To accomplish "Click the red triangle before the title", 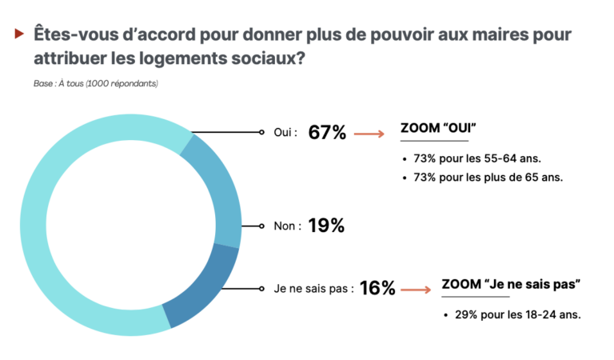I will (x=18, y=34).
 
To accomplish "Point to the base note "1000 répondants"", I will (x=123, y=83).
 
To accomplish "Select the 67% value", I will (x=327, y=133).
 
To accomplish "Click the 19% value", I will (x=326, y=226).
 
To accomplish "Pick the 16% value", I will (x=377, y=288).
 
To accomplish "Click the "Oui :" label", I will (x=284, y=133).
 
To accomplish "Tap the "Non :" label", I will (x=287, y=226).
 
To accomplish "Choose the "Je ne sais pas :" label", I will (x=313, y=288).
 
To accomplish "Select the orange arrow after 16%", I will (x=417, y=289).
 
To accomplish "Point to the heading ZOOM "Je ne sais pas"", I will (x=511, y=284).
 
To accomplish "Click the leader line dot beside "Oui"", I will (x=262, y=133).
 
